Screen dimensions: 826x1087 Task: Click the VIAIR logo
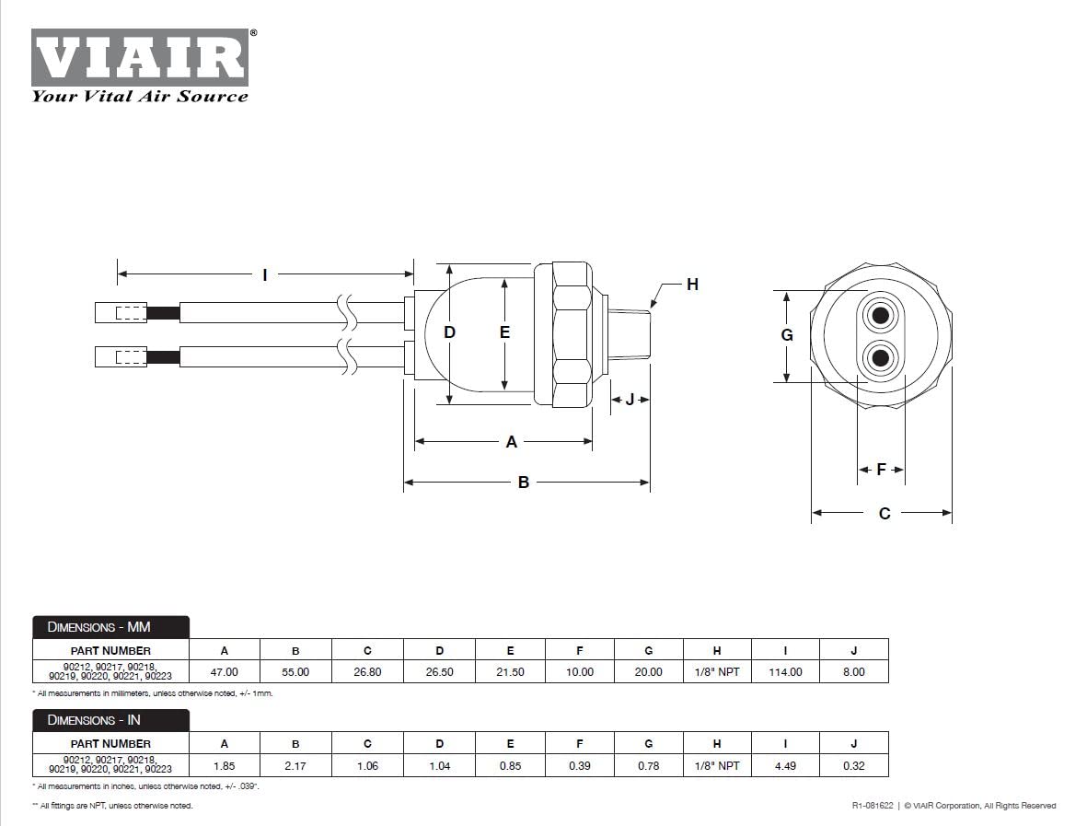(x=140, y=57)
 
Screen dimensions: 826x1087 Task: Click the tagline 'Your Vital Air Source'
(x=140, y=96)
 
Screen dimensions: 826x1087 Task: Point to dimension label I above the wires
(x=265, y=274)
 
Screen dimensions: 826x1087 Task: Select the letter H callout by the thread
(x=692, y=285)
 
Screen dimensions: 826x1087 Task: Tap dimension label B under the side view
(x=523, y=483)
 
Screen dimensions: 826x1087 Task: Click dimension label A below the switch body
(x=512, y=442)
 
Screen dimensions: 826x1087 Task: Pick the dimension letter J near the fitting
(x=630, y=400)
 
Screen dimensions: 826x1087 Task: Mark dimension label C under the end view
(x=885, y=514)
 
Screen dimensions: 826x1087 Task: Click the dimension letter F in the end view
(x=881, y=470)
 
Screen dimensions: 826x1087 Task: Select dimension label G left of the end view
(x=787, y=335)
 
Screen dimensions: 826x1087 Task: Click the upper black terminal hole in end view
(x=881, y=316)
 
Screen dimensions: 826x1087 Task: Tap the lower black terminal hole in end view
(x=881, y=357)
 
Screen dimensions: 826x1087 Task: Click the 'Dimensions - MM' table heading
(x=110, y=627)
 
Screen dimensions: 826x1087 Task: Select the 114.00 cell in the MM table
(x=785, y=672)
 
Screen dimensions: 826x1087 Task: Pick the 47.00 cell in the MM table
(x=225, y=672)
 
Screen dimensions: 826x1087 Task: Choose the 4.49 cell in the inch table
(x=785, y=765)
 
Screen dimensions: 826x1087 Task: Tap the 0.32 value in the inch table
(x=853, y=765)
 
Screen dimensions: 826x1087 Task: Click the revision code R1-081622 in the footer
(x=873, y=806)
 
